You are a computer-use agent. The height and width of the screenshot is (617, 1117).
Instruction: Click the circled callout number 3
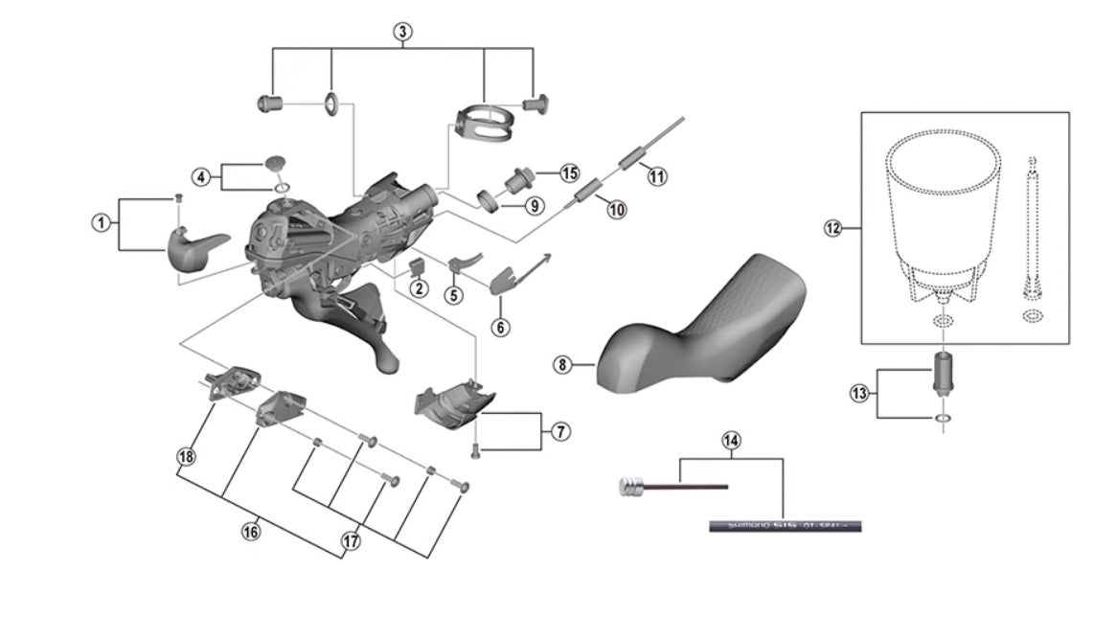(x=403, y=32)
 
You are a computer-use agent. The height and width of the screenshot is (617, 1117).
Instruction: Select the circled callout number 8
(x=562, y=364)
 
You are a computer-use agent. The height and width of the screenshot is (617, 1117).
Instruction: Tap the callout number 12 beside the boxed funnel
(x=832, y=228)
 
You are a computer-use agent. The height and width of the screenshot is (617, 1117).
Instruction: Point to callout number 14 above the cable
(x=732, y=441)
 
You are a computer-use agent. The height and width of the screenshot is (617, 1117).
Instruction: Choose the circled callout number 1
(x=100, y=222)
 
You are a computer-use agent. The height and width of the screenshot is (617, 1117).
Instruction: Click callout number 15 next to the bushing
(x=570, y=173)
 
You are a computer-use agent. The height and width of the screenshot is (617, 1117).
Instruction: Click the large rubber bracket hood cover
(x=709, y=326)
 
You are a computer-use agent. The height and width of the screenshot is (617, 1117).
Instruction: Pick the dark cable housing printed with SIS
(x=786, y=525)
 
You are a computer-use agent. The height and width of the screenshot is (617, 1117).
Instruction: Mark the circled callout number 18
(x=186, y=456)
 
